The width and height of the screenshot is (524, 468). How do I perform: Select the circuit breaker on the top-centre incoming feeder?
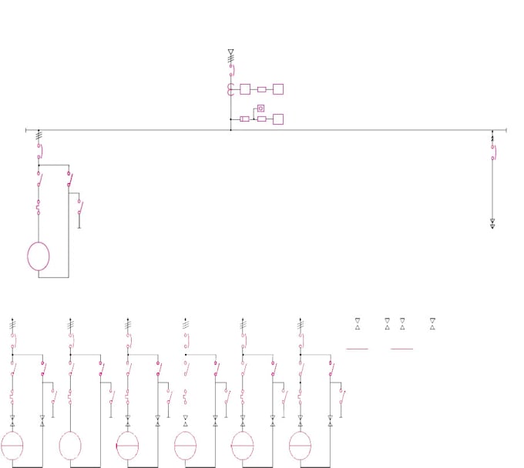click(230, 71)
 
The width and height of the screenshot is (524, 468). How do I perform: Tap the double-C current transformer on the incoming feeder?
click(230, 89)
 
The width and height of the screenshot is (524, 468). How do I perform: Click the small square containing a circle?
click(260, 109)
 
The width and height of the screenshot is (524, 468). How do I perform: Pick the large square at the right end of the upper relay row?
click(278, 89)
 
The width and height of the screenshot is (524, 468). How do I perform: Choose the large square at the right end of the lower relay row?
click(278, 119)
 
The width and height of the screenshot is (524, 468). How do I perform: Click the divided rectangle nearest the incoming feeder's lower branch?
click(244, 119)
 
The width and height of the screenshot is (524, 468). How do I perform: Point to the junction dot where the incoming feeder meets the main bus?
click(230, 130)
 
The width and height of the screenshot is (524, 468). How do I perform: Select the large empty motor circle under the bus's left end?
click(39, 256)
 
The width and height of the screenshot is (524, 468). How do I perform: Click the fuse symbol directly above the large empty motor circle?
click(39, 206)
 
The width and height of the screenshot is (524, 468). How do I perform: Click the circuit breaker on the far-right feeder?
click(492, 152)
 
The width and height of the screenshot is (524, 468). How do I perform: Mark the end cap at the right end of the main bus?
click(506, 130)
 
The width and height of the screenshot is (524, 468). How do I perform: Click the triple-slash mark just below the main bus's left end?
click(39, 135)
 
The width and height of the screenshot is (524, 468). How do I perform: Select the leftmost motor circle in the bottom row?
click(12, 446)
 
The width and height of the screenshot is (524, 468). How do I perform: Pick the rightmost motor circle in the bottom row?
click(300, 446)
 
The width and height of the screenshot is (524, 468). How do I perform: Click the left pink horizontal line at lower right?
click(357, 349)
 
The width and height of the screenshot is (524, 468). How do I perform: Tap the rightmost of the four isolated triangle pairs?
click(432, 323)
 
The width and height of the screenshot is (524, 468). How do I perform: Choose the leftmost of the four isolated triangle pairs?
click(358, 323)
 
